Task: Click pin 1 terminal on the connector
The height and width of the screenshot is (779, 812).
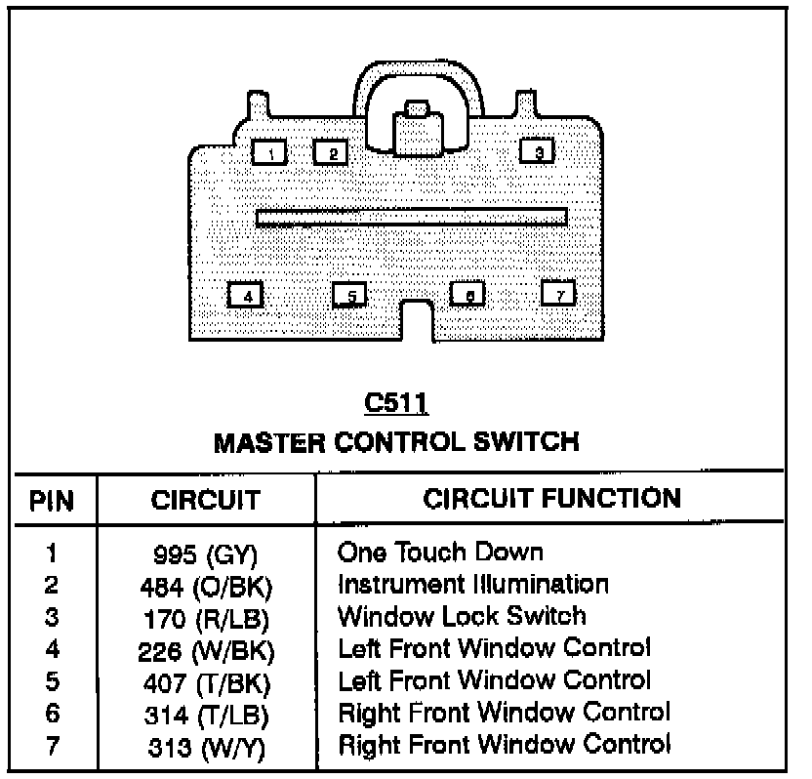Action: [269, 152]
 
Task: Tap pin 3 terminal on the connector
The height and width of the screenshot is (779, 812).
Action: [538, 150]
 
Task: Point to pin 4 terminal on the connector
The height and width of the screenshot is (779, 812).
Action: [247, 294]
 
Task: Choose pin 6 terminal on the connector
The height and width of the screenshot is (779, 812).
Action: [468, 294]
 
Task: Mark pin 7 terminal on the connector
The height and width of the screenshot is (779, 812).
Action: [559, 293]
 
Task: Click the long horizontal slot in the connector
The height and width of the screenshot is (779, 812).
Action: [411, 218]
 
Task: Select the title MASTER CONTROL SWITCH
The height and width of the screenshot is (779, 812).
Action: [396, 442]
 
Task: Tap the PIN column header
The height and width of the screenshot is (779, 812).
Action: [51, 501]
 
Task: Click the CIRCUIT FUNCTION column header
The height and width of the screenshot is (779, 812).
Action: [551, 498]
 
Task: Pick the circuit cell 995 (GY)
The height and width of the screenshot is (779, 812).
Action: [204, 555]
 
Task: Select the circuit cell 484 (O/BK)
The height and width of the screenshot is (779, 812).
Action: [204, 587]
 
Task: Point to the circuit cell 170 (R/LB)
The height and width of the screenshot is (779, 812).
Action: [204, 618]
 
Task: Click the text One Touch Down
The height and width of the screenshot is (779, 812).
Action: [439, 553]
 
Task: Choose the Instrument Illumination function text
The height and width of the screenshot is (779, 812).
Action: [472, 585]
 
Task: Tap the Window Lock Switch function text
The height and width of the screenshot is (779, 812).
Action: [461, 616]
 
